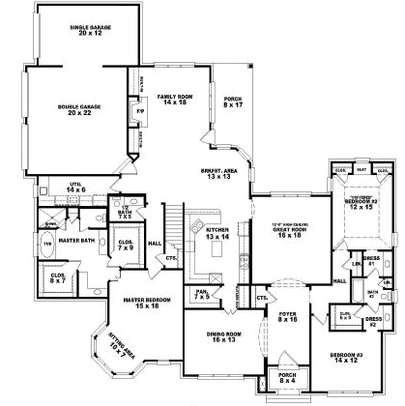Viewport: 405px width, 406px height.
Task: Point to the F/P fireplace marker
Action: click(141, 112)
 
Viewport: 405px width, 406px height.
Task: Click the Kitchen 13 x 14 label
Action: click(217, 232)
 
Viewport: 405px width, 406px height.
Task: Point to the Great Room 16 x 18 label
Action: click(287, 230)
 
